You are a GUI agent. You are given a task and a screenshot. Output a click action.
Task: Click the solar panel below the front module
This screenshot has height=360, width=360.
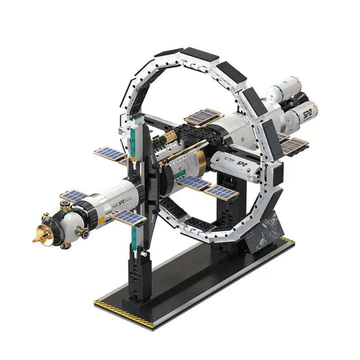click(x=128, y=217)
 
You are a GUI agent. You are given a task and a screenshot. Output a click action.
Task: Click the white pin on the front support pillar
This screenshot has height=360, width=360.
click(x=144, y=254)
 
